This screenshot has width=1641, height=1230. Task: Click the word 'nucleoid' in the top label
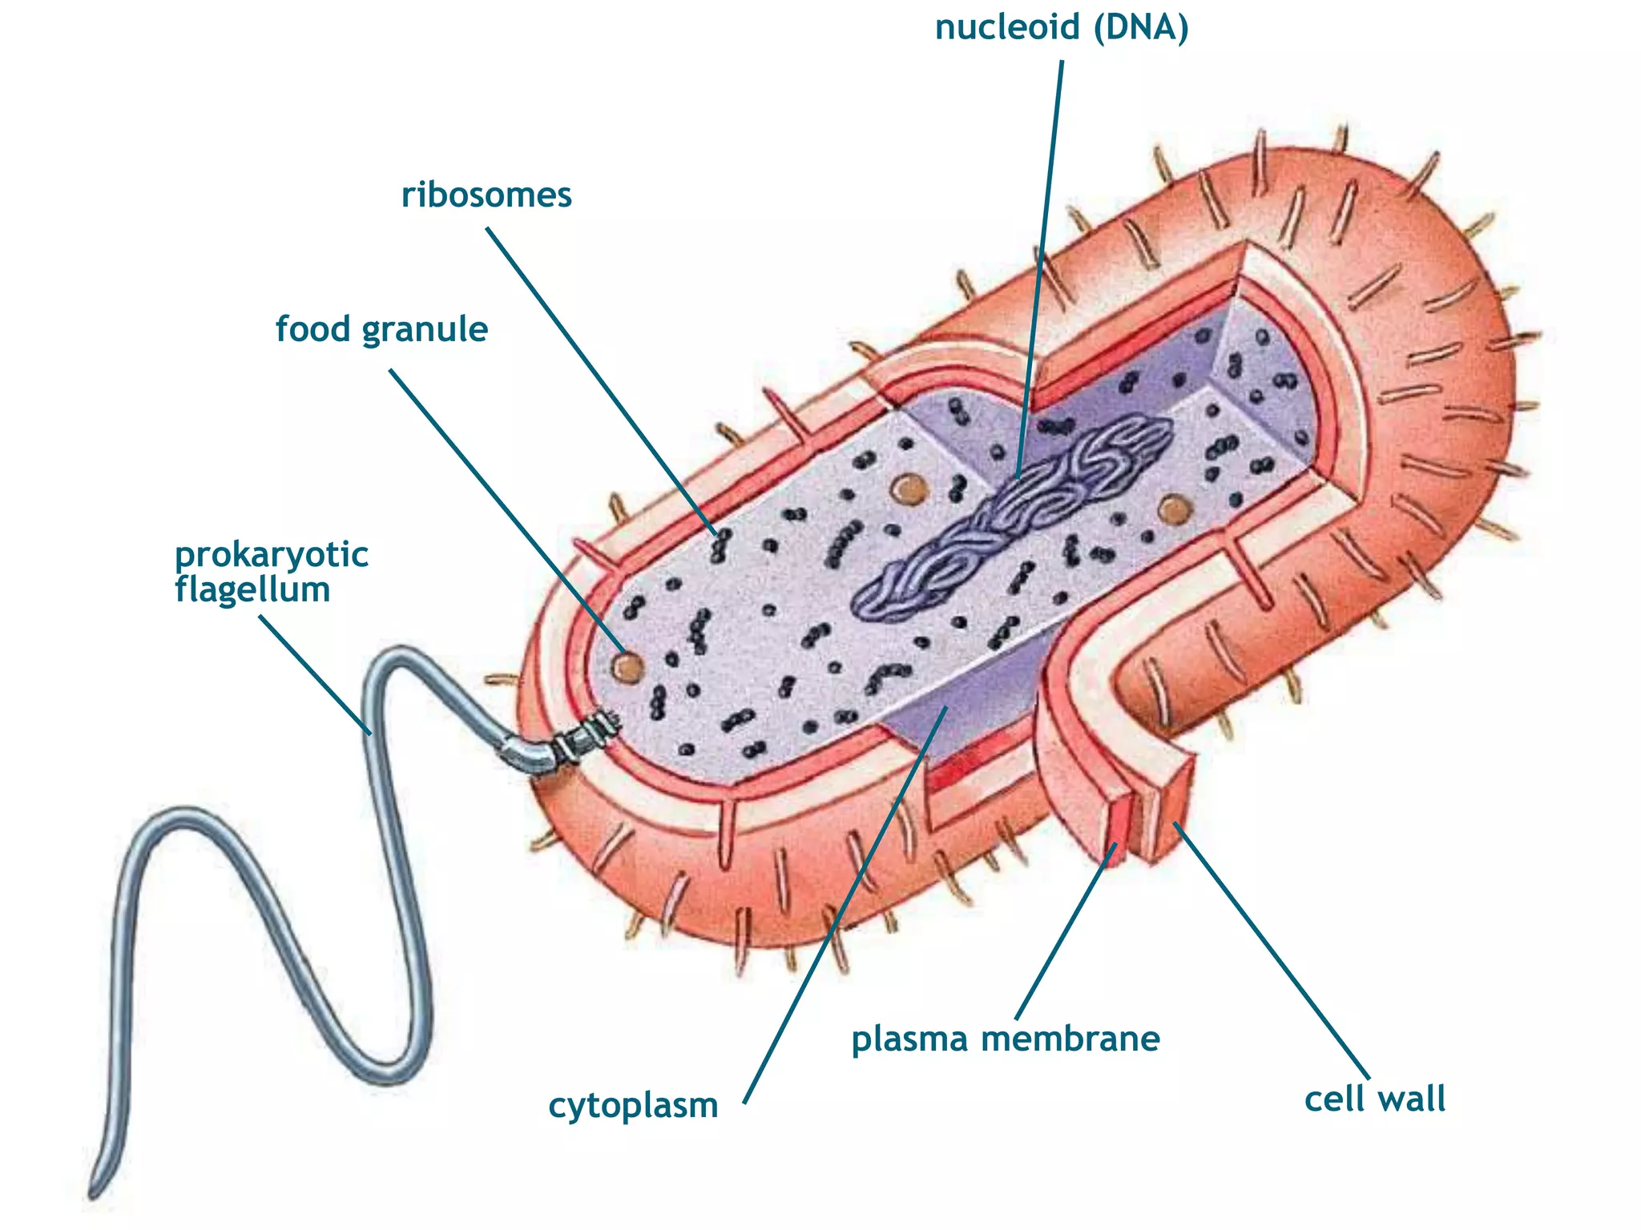point(1007,28)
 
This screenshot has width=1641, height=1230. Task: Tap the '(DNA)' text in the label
point(1142,28)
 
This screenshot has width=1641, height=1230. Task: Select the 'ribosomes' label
point(486,195)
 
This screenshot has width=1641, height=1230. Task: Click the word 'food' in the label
point(313,329)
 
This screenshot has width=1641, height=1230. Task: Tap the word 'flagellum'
point(252,590)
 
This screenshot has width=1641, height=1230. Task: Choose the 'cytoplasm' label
point(633,1107)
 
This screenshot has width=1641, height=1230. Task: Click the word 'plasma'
point(909,1040)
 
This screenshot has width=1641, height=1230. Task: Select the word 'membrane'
point(1070,1039)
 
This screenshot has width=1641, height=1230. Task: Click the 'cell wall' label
point(1375,1099)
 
